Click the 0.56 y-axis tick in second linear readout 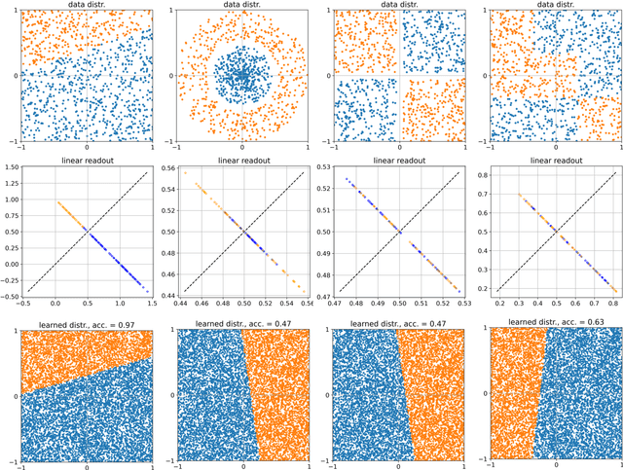click(168, 167)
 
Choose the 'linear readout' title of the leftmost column click(87, 161)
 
